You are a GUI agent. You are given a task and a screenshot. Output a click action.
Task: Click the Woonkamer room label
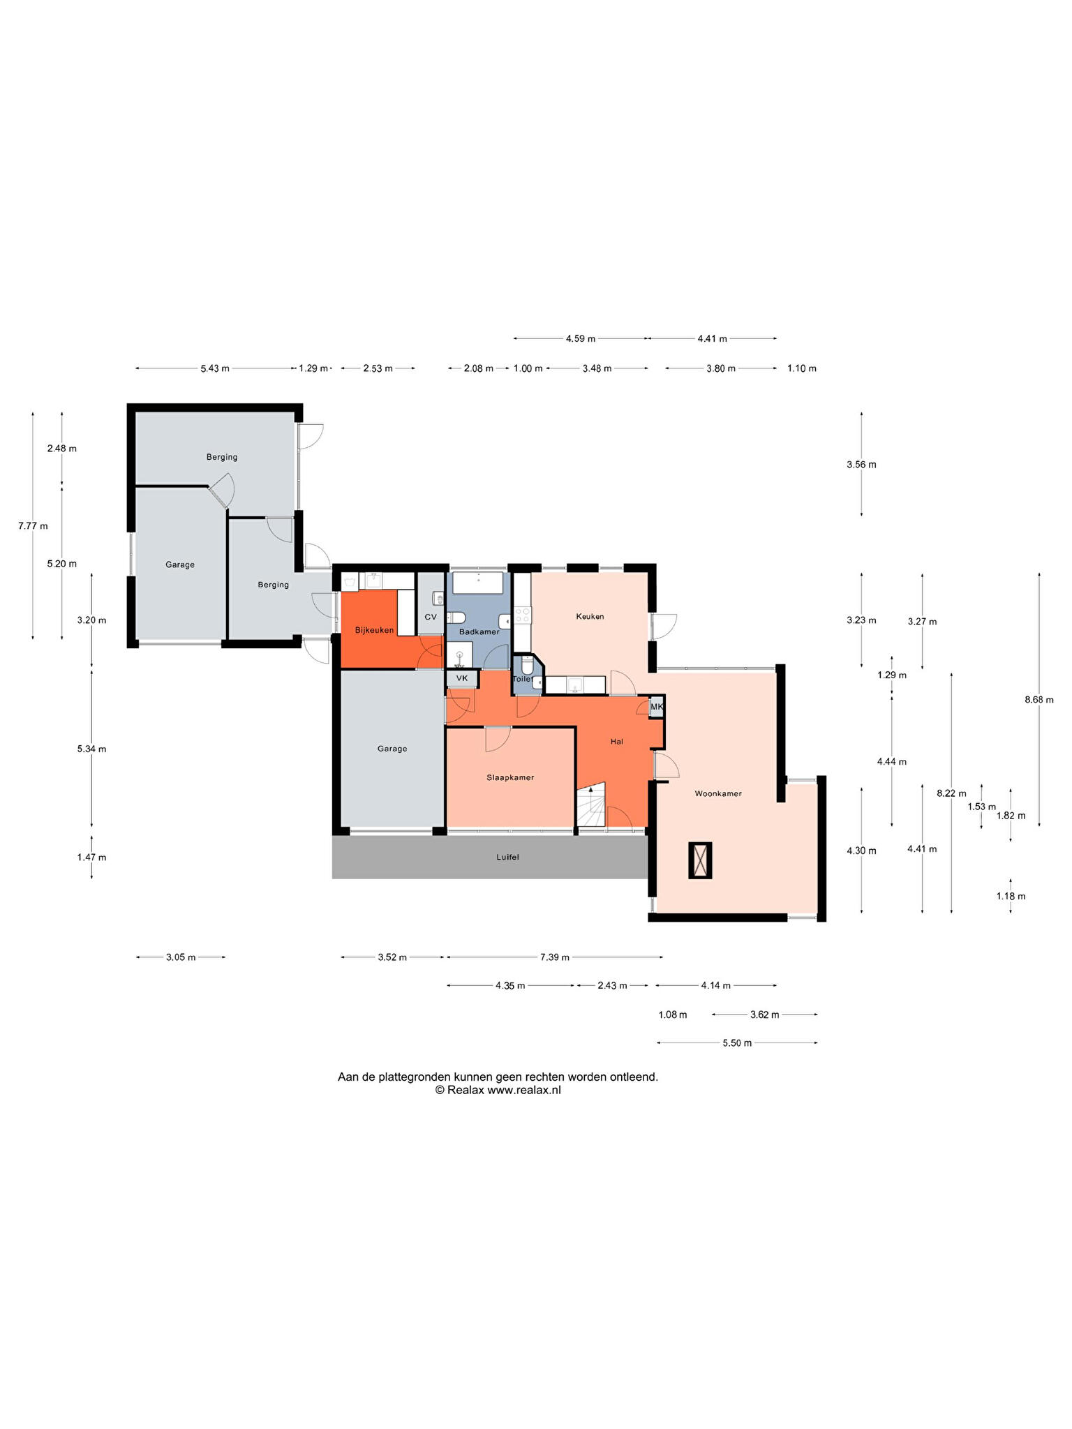click(x=718, y=793)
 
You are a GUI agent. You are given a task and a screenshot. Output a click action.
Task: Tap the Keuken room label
click(x=590, y=616)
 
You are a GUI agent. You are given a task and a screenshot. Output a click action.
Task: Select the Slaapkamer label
click(x=510, y=777)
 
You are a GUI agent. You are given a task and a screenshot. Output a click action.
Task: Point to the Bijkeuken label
click(x=375, y=630)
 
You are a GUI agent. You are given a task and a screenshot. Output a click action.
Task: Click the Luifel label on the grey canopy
click(x=508, y=857)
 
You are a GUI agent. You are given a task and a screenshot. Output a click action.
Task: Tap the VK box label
click(x=462, y=678)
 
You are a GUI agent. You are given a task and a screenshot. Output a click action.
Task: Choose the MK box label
click(x=657, y=707)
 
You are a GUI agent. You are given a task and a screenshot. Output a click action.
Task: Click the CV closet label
click(x=431, y=617)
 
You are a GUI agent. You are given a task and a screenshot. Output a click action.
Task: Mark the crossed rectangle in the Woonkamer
click(x=700, y=860)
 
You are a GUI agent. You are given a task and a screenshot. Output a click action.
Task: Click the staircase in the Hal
click(x=591, y=805)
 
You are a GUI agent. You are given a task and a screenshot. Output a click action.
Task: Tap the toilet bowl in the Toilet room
click(x=527, y=666)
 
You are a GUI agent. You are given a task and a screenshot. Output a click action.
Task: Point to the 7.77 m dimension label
click(x=33, y=526)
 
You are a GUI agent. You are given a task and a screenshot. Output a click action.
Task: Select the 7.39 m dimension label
click(x=555, y=957)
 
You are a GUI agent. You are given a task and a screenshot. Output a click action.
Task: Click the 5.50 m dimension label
click(x=737, y=1043)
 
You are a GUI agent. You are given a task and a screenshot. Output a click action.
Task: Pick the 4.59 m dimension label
click(x=581, y=339)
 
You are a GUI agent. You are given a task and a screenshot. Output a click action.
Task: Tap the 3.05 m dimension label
click(x=181, y=957)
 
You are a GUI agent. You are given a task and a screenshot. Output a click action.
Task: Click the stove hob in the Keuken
click(x=522, y=615)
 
